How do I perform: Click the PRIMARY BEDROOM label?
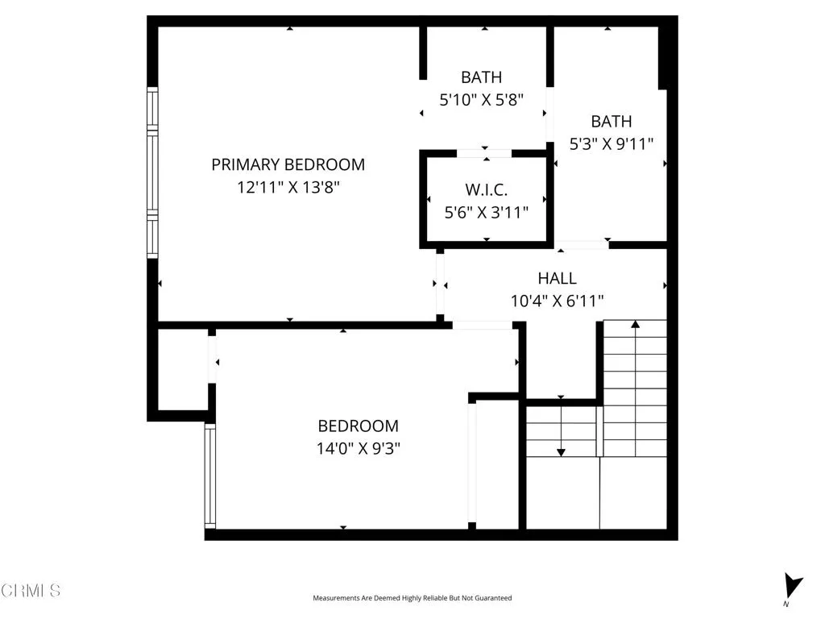click(x=288, y=164)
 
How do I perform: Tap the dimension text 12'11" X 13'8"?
click(x=288, y=187)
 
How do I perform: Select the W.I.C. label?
click(x=486, y=190)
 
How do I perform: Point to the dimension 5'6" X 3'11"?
click(x=486, y=213)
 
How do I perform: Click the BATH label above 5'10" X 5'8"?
click(x=481, y=77)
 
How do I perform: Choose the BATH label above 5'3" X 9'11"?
click(x=611, y=122)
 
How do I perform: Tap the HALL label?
click(x=558, y=278)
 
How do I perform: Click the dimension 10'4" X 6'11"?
click(x=558, y=301)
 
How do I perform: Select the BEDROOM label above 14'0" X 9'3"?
click(x=358, y=426)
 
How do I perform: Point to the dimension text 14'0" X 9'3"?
click(x=358, y=448)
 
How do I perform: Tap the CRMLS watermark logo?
click(x=31, y=590)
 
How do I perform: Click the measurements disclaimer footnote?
click(x=412, y=598)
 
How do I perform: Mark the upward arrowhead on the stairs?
click(x=636, y=325)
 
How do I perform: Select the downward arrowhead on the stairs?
click(x=562, y=451)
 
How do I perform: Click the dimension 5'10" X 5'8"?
click(x=481, y=100)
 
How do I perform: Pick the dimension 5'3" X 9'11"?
click(x=611, y=143)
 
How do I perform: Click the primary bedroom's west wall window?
click(x=151, y=172)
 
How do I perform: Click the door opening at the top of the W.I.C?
click(x=484, y=152)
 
